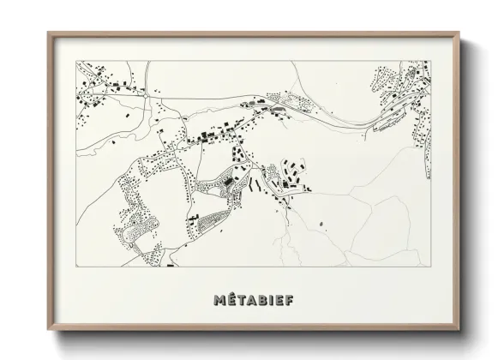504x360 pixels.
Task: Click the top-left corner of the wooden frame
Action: (48, 33)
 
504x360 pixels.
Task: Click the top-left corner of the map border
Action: (75, 59)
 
